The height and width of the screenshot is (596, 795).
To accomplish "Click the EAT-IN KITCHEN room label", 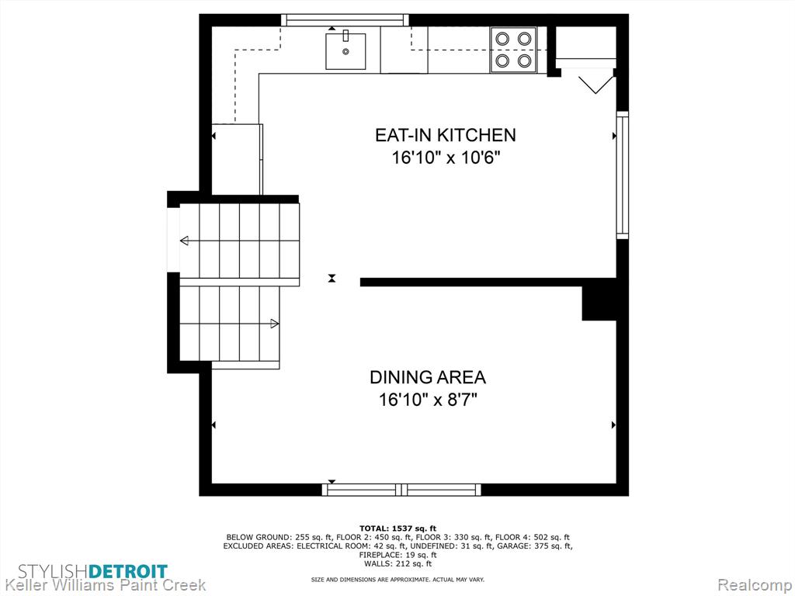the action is [445, 135].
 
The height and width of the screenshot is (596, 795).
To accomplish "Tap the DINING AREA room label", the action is [428, 377].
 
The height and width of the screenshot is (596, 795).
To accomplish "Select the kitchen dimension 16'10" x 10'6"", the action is [446, 158].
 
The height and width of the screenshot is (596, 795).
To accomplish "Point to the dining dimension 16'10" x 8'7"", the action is [428, 400].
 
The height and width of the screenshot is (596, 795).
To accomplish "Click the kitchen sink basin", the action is [345, 51].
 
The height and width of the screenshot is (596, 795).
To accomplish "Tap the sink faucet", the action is [345, 36].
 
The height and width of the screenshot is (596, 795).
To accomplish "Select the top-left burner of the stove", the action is [502, 39].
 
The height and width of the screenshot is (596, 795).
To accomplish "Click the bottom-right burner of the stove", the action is [524, 61].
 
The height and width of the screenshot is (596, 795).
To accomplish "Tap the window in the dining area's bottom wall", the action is [401, 490].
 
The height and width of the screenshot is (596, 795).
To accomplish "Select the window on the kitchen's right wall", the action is [622, 175].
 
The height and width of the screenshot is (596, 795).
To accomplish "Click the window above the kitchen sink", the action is [345, 19].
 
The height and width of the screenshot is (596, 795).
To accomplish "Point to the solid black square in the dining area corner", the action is [599, 303].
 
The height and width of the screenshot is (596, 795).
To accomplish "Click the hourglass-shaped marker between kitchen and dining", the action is [332, 279].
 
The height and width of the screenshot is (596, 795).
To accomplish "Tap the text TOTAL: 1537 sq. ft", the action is [397, 528].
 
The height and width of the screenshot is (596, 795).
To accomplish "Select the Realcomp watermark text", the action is [754, 585].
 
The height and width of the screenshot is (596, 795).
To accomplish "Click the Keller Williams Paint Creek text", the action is [104, 585].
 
